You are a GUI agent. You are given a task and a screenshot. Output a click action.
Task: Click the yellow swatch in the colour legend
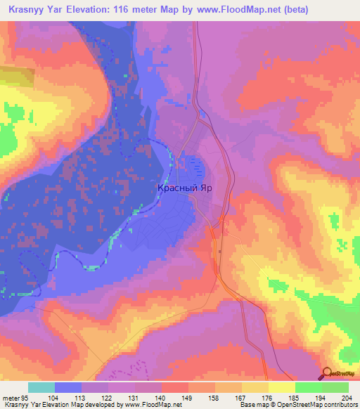pos(281,387)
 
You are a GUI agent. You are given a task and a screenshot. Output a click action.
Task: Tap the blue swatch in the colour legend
pos(68,387)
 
